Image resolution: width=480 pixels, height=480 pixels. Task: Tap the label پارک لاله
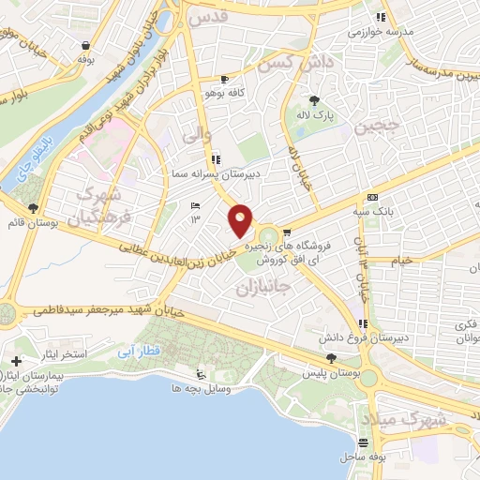coord(317,115)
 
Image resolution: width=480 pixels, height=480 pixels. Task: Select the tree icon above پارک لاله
coord(315,101)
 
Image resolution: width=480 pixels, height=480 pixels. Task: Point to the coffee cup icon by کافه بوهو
coord(223,81)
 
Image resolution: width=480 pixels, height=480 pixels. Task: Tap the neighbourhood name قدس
coord(207,18)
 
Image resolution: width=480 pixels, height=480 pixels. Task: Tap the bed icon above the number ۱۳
coord(195,206)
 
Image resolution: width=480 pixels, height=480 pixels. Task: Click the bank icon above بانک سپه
coord(373,198)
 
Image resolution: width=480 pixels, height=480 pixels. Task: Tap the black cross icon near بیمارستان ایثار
coord(16,361)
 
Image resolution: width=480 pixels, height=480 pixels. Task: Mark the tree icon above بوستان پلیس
coord(331,358)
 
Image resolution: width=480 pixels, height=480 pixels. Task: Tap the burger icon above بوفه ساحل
coord(363,442)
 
